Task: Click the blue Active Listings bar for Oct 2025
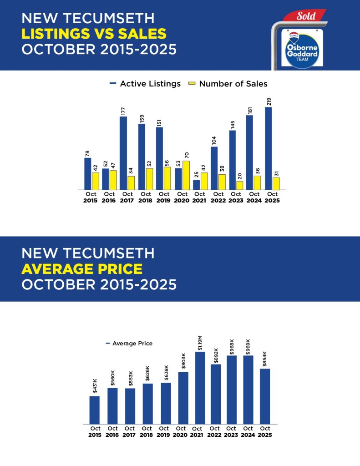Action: tap(269, 148)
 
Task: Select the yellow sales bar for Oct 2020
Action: tap(186, 175)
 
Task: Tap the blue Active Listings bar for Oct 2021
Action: tap(196, 185)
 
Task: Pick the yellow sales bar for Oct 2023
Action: tap(239, 185)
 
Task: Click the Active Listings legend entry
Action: tap(145, 84)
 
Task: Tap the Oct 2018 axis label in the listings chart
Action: tap(145, 197)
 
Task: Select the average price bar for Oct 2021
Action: tap(200, 388)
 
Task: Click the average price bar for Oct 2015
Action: tap(94, 410)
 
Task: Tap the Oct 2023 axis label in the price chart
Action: tap(231, 431)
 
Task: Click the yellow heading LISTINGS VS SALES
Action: tap(94, 34)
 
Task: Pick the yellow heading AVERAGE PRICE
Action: tap(82, 269)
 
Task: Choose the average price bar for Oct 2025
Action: tap(265, 396)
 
